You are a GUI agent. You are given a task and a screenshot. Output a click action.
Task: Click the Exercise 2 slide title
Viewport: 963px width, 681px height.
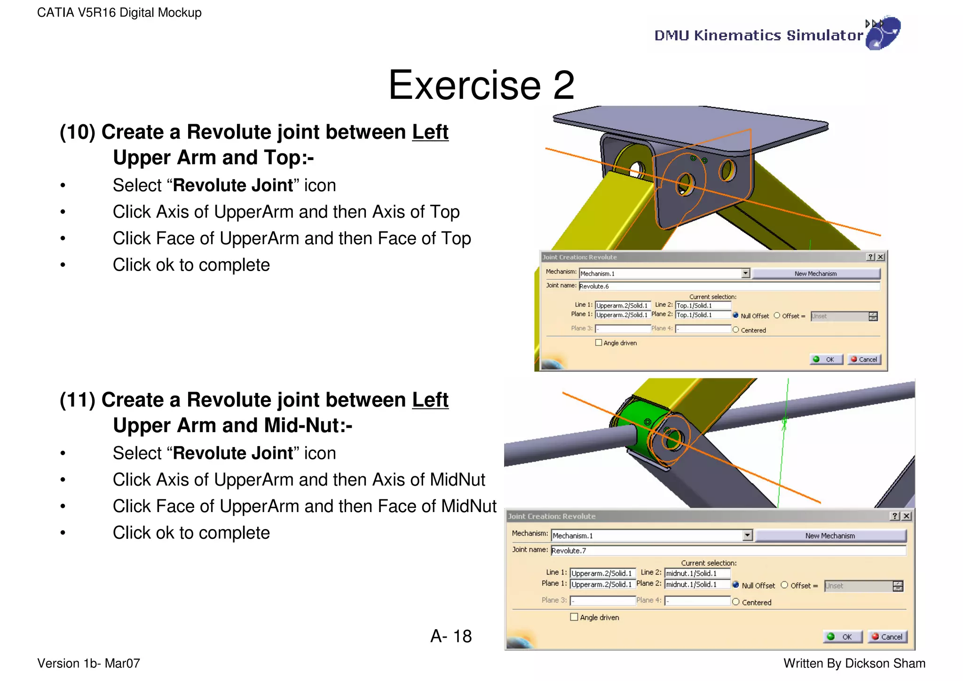(x=481, y=85)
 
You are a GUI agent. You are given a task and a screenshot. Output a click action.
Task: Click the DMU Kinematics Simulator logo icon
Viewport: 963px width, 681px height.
(x=883, y=33)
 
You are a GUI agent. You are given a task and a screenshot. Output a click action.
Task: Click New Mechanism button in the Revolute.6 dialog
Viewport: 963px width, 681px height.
(x=815, y=273)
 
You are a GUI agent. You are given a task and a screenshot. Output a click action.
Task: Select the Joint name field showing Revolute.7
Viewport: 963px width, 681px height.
(x=728, y=550)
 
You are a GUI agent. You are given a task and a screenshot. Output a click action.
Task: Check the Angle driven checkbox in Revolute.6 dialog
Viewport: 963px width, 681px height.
(x=599, y=343)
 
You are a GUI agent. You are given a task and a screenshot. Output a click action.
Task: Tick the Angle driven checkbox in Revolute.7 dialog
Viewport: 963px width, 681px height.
(x=574, y=617)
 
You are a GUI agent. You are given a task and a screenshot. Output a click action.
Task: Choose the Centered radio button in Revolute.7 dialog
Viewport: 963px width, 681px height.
(x=736, y=602)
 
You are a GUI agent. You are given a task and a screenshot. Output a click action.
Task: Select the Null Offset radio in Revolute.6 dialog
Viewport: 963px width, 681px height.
(x=736, y=316)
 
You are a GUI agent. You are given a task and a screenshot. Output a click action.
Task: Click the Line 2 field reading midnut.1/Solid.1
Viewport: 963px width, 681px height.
(x=697, y=573)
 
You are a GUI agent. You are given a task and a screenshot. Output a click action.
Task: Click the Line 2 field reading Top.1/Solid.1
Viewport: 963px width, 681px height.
(x=703, y=305)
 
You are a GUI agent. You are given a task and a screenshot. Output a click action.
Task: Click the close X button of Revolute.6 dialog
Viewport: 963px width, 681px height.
(x=881, y=257)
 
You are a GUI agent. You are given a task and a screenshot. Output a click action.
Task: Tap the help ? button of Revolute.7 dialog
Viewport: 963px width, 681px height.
(x=895, y=516)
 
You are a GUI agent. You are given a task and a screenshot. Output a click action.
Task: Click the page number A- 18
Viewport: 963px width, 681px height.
(x=451, y=636)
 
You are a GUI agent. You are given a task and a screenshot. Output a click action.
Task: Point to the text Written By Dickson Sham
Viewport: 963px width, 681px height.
(x=854, y=664)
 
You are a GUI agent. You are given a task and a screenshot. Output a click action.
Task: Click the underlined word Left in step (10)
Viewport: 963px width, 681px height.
(x=430, y=132)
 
